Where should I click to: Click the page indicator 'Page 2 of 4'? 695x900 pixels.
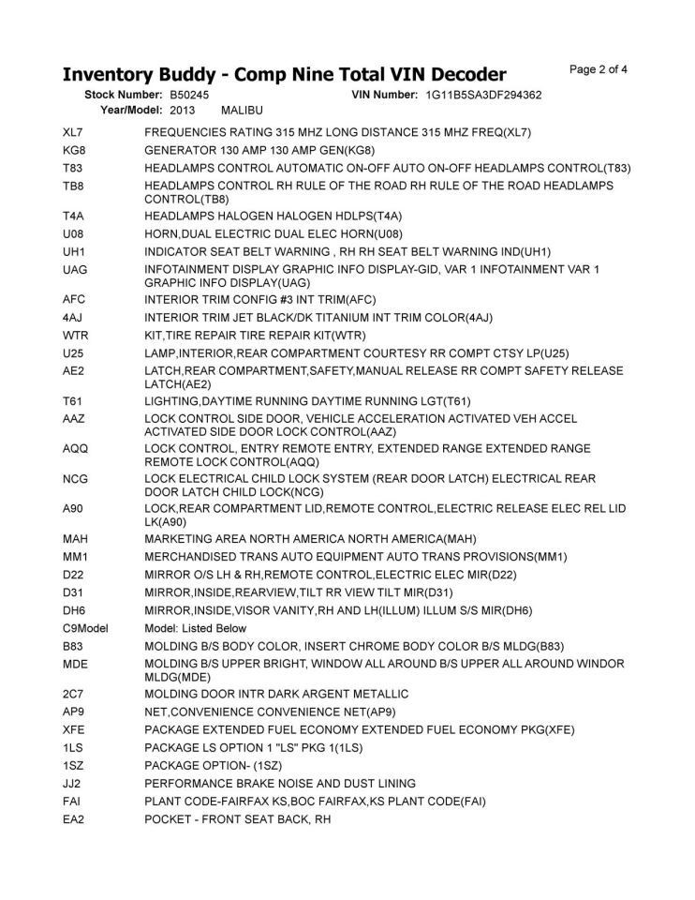598,69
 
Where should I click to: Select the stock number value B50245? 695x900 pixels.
190,96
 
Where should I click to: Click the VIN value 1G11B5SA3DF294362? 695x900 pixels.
483,96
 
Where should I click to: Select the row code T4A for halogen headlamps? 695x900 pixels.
74,216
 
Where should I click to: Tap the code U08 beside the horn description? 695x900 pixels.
74,233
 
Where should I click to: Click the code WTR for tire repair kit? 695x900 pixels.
75,336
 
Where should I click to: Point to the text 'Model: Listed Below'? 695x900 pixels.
196,628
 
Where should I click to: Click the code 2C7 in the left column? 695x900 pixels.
74,694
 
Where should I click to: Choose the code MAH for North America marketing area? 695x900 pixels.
75,539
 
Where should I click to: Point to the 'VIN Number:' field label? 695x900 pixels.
384,96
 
